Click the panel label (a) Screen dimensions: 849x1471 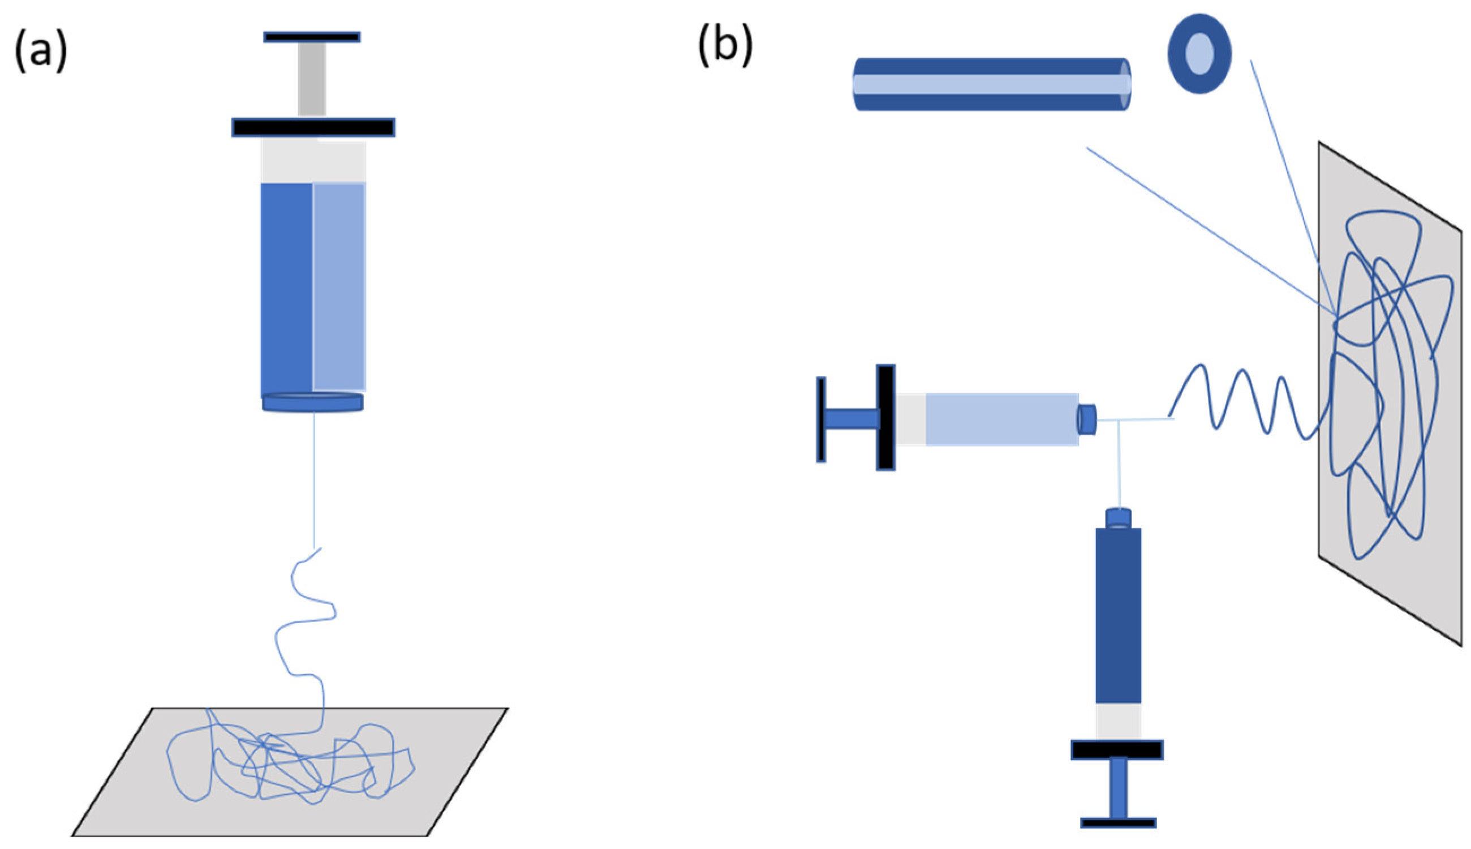tap(41, 53)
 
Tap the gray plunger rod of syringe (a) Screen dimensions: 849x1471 tap(312, 79)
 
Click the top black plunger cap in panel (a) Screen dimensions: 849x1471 tap(312, 37)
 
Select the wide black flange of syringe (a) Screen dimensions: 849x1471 tap(313, 127)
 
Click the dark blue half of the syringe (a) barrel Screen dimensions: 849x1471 tap(286, 289)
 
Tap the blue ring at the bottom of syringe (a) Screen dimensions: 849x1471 tap(313, 402)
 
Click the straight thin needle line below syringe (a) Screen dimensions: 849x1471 tap(315, 478)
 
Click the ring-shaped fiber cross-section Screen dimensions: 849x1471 tap(1199, 54)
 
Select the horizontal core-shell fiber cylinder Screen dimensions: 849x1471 tap(991, 84)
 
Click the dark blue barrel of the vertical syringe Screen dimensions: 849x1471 tap(1118, 615)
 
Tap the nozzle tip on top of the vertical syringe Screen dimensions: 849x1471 tap(1118, 518)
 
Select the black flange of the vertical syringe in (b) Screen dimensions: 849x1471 tap(1117, 750)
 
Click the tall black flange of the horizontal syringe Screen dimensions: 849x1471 tap(885, 418)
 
